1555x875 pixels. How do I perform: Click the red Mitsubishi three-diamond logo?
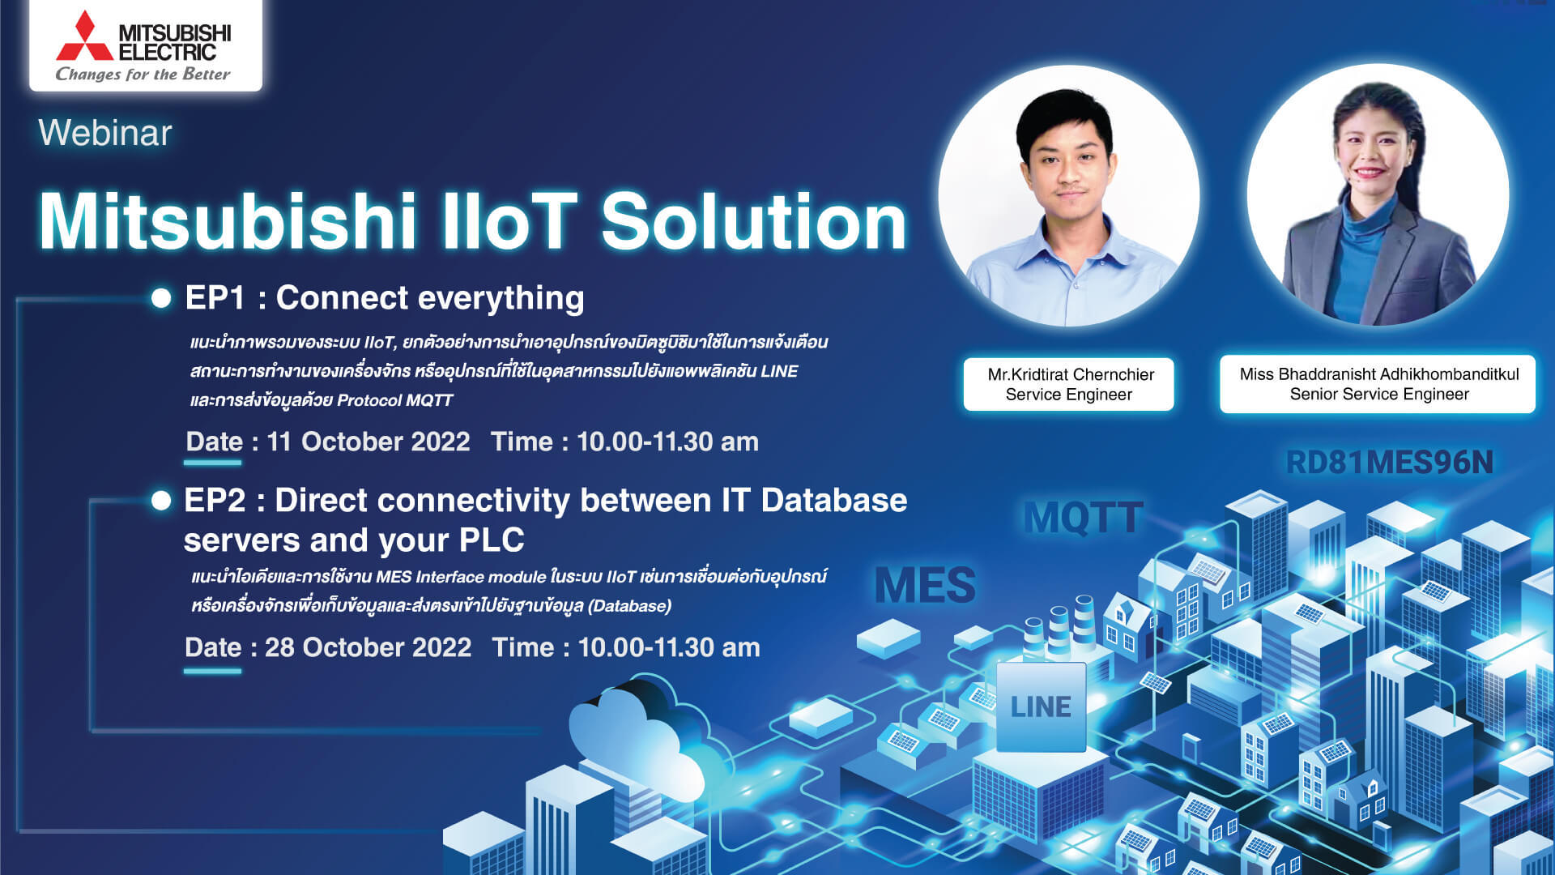point(85,36)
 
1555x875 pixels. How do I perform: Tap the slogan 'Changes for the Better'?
point(143,75)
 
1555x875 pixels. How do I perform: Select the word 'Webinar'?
point(105,133)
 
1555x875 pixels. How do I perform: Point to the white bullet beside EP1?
point(161,298)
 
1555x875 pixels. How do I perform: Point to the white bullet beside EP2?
point(161,501)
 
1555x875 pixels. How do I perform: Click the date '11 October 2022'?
point(369,442)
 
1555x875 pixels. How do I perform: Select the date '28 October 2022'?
point(368,647)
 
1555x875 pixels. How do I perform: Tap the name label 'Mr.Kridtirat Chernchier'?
point(1071,374)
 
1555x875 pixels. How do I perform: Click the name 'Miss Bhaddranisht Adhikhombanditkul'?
point(1379,374)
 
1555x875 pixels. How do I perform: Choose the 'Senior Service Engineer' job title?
point(1379,395)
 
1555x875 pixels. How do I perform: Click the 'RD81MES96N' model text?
point(1390,463)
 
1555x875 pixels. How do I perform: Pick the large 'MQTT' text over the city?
point(1084,518)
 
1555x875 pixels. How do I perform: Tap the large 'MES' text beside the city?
point(926,585)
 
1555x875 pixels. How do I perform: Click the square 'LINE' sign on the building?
point(1041,706)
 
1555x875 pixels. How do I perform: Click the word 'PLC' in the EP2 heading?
point(492,540)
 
